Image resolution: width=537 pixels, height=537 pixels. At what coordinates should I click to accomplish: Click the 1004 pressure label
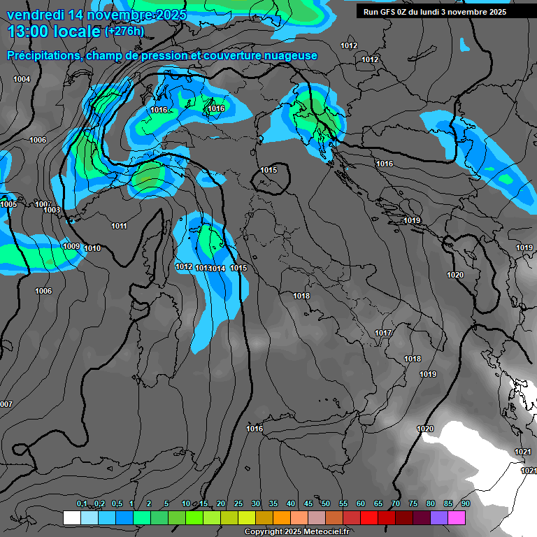tap(22, 80)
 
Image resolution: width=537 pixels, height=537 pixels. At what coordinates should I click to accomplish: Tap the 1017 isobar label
tap(382, 334)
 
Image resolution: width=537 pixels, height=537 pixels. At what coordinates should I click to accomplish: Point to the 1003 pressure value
tap(51, 210)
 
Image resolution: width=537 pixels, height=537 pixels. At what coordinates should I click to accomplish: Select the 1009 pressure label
tap(71, 247)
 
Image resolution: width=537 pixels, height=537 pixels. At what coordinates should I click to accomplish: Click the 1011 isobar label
tap(119, 227)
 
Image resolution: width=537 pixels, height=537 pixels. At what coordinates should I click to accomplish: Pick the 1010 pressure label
tap(92, 249)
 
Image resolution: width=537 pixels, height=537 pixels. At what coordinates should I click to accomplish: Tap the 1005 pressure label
tap(8, 204)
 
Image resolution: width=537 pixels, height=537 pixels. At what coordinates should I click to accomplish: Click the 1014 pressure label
tap(217, 269)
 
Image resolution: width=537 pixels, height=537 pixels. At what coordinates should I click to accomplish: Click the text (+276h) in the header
tap(124, 31)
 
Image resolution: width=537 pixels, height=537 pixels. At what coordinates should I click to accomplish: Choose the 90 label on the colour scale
tap(465, 504)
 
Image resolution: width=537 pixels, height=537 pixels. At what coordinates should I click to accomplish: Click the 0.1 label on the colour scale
tap(82, 504)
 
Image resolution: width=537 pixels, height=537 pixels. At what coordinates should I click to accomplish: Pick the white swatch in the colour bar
tap(71, 517)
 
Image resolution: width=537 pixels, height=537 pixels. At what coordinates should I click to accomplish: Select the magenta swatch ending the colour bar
tap(457, 517)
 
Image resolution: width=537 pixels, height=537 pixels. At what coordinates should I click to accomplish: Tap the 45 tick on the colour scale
tap(308, 504)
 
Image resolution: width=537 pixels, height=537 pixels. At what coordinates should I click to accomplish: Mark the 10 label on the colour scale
tap(186, 504)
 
